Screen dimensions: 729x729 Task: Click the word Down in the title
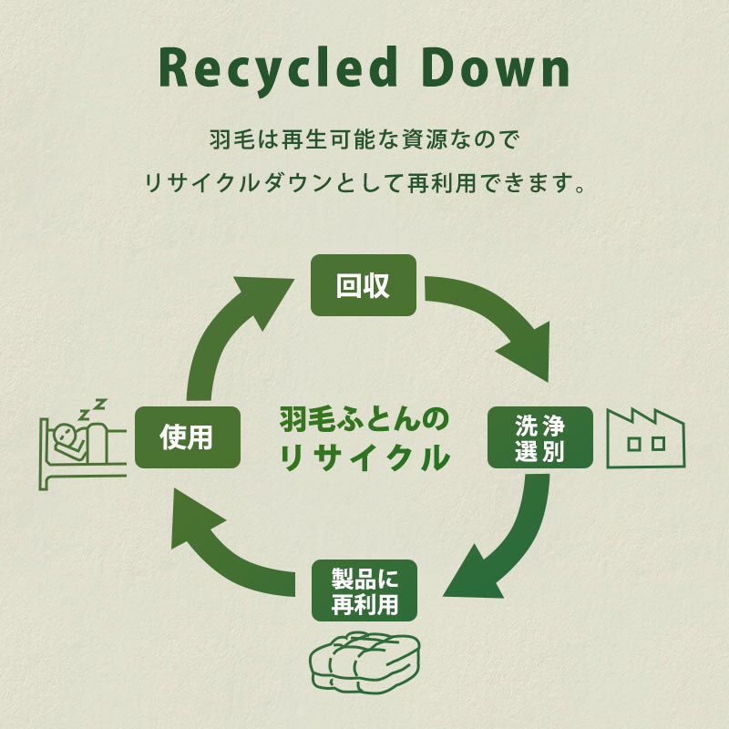498,68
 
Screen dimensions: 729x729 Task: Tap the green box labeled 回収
364,285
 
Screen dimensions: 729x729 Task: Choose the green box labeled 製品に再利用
364,590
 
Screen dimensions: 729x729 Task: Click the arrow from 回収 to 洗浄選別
497,319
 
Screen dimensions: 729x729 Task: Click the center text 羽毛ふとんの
364,420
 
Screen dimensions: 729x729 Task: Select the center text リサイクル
364,457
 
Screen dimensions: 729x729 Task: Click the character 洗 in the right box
528,426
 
